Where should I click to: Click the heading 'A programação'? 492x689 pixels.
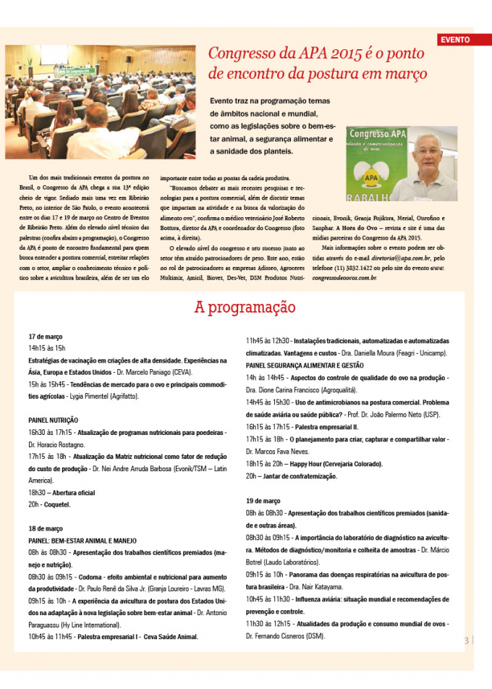tap(245, 307)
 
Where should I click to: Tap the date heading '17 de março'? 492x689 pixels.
tap(46, 337)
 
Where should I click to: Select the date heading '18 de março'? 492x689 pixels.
tap(46, 528)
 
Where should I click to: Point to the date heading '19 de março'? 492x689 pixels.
tap(263, 500)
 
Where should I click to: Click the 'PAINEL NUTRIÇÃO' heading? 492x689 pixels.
tap(54, 420)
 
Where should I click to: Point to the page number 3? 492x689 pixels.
tap(467, 640)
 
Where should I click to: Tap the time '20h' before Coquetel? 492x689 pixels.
tap(34, 504)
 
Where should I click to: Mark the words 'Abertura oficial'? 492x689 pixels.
tap(72, 492)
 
